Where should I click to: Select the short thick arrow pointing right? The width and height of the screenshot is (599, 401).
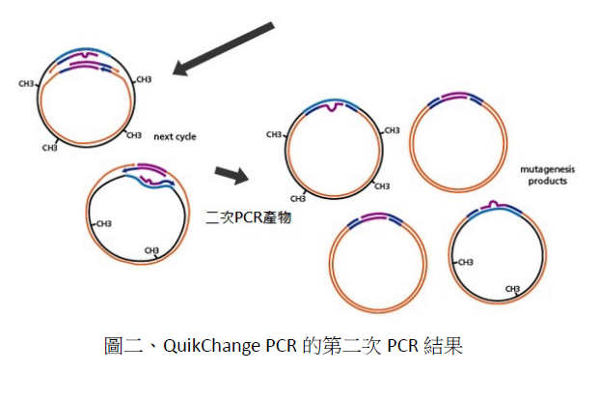[x=228, y=174]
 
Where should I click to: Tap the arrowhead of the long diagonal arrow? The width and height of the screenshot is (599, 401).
[x=179, y=68]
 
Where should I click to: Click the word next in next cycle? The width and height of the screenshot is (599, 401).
[x=162, y=136]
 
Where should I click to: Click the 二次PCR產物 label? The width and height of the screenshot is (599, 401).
[x=249, y=217]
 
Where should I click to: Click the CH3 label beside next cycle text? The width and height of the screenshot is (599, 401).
[x=134, y=135]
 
